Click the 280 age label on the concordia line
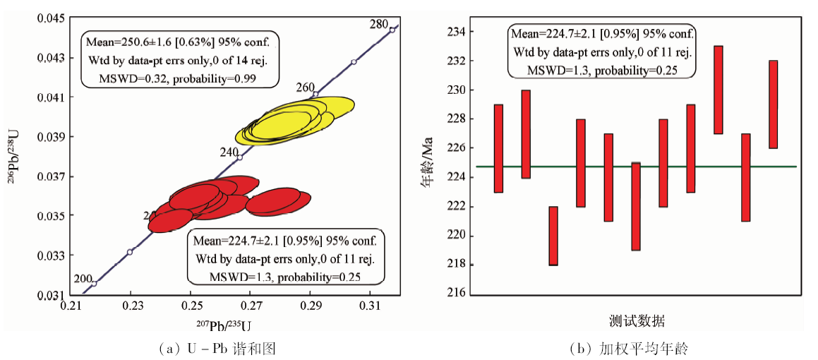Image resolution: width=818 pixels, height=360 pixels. pos(379,24)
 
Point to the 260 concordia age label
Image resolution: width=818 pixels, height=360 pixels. pos(306,88)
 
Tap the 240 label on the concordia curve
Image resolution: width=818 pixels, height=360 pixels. pos(229,152)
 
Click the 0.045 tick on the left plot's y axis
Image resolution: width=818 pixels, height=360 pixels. pos(52,18)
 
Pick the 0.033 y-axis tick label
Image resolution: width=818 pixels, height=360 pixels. pos(52,255)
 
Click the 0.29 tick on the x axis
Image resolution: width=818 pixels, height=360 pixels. pos(311,308)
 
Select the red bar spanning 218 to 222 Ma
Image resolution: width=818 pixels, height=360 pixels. pos(553,236)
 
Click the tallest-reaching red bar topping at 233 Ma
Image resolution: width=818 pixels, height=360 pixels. pos(718,90)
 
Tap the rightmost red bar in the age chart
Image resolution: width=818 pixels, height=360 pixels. pos(773,104)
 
